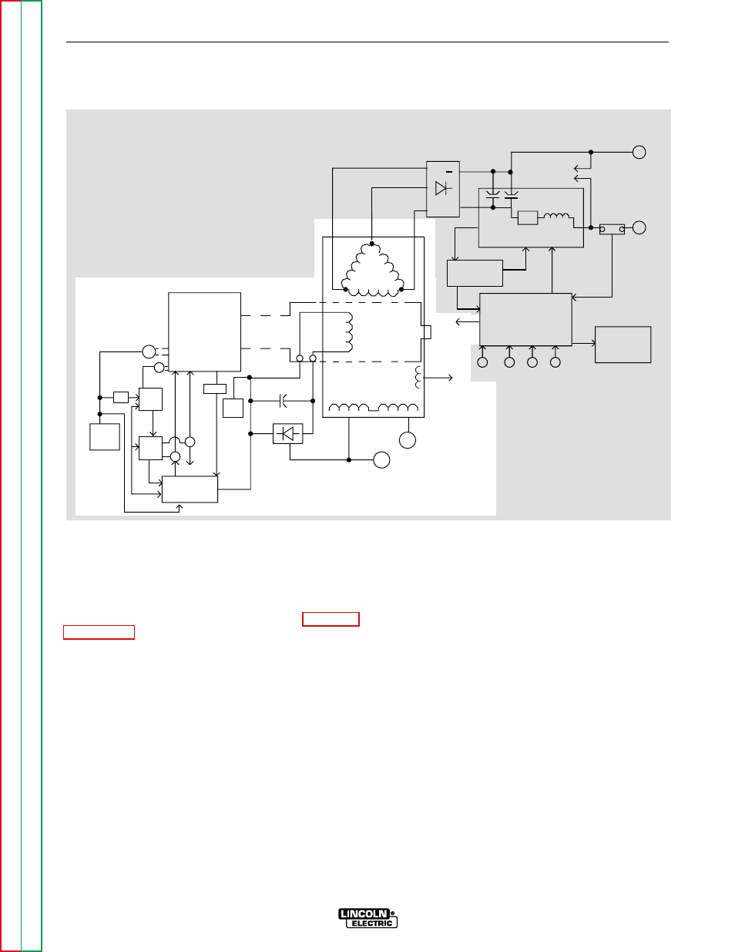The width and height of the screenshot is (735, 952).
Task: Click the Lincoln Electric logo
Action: tap(367, 918)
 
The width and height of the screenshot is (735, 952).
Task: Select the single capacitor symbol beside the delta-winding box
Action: tap(283, 401)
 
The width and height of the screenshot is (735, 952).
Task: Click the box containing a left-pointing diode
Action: tap(287, 434)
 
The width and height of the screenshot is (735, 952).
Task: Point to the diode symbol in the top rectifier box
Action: tap(441, 188)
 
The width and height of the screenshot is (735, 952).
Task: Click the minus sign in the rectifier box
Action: tap(448, 172)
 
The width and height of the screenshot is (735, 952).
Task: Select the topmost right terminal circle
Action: tap(639, 153)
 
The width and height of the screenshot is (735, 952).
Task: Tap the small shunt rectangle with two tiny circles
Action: tap(612, 229)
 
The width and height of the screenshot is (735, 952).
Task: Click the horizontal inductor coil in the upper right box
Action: tap(556, 216)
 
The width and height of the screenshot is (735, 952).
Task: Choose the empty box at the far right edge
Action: tap(623, 345)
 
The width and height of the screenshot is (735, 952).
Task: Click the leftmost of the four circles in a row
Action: tap(482, 362)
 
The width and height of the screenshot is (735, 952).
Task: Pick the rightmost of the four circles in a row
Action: tap(555, 362)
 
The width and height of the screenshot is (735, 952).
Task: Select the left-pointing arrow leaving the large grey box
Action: tap(468, 322)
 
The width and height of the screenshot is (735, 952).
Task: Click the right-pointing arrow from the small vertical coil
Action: tap(438, 378)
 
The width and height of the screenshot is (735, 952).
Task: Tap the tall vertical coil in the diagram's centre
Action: tap(349, 332)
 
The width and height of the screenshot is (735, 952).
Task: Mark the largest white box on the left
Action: tap(204, 332)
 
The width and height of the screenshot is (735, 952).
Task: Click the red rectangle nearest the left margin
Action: tap(99, 633)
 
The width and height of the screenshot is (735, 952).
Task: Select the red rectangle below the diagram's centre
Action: tap(331, 620)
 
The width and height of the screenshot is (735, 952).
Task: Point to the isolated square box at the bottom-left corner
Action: tap(105, 437)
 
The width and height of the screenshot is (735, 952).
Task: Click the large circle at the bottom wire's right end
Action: tap(381, 460)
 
